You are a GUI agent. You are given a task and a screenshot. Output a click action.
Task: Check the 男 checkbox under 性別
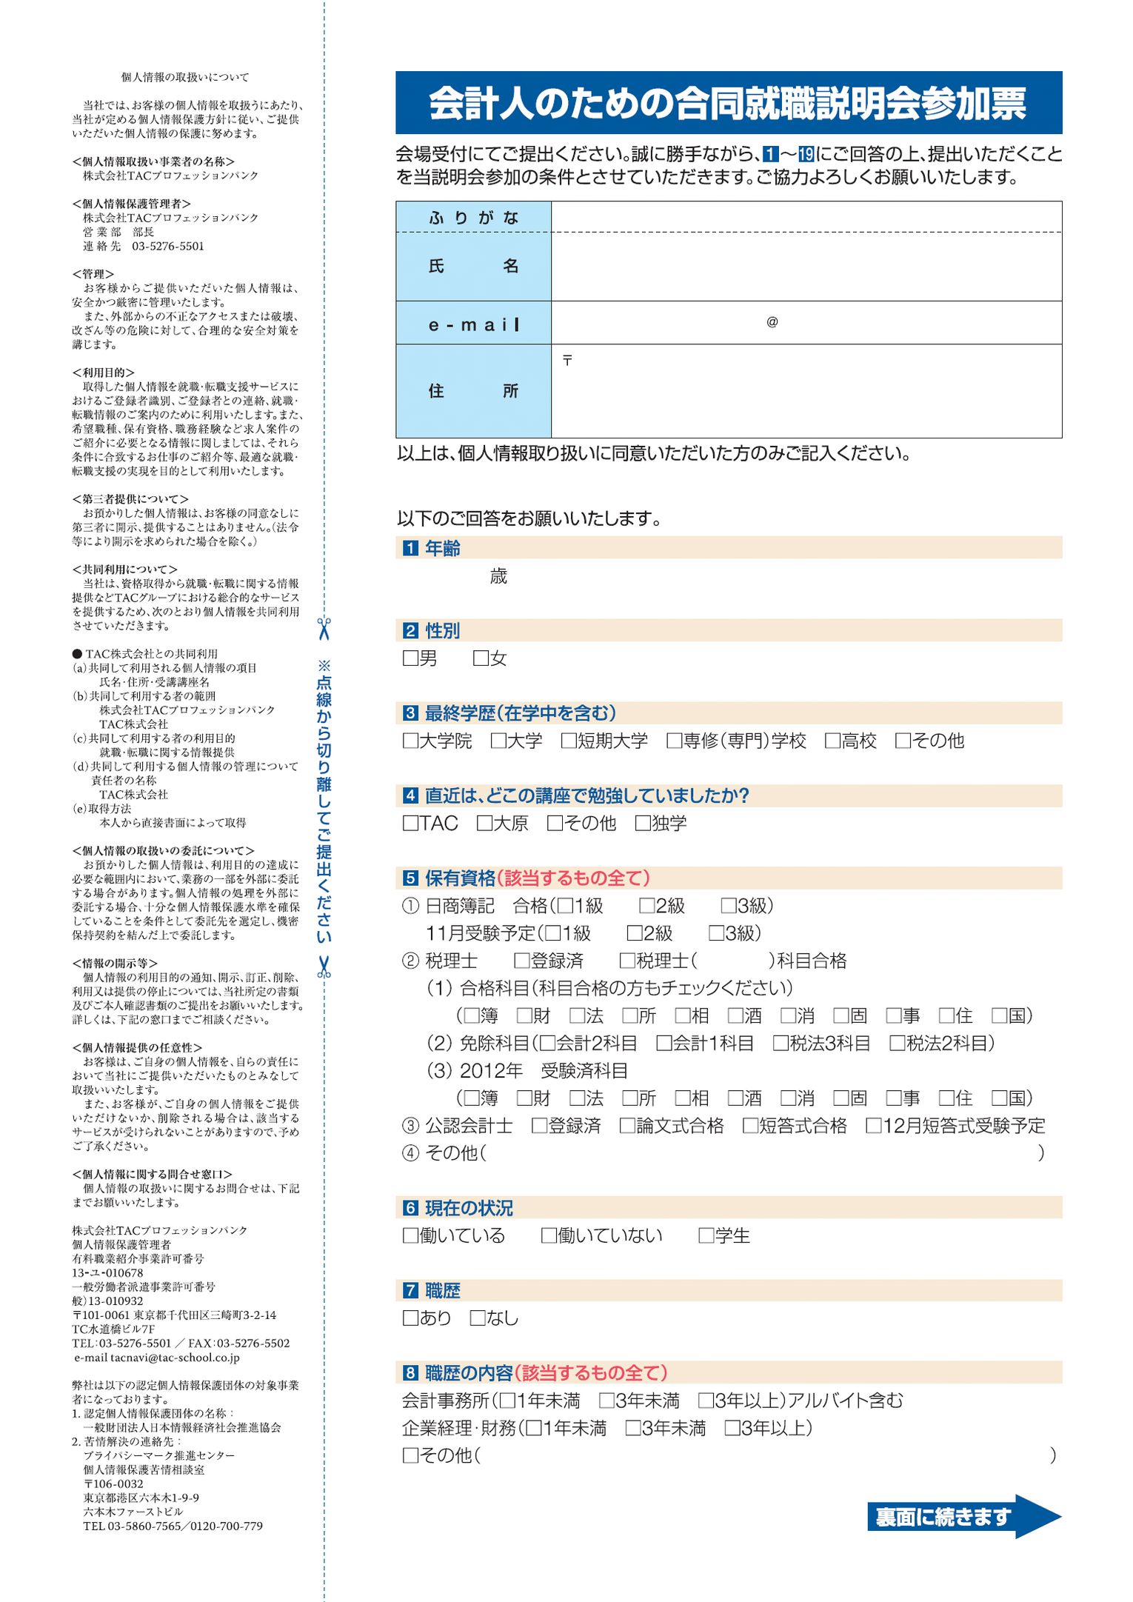point(410,658)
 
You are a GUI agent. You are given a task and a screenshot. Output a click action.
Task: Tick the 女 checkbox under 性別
point(481,658)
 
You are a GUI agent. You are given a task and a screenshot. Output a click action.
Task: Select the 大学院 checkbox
point(410,741)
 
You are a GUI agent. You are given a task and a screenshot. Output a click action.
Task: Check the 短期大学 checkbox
point(569,741)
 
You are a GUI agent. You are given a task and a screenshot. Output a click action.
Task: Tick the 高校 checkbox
point(832,741)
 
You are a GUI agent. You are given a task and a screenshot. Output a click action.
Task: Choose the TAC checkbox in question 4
point(410,823)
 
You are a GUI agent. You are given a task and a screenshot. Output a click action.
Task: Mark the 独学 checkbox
point(643,823)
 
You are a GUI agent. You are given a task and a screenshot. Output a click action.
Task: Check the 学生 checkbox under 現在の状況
point(706,1235)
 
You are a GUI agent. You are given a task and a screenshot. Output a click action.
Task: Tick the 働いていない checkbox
point(549,1235)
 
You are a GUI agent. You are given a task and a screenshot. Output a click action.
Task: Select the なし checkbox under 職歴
point(478,1318)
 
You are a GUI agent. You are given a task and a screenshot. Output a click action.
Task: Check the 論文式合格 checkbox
point(627,1126)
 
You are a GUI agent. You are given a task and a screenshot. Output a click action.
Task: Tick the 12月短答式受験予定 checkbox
point(874,1126)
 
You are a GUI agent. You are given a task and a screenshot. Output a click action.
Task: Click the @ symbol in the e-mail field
point(772,322)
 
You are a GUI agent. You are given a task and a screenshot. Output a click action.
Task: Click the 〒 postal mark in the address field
point(567,361)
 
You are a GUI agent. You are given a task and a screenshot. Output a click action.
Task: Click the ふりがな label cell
point(473,218)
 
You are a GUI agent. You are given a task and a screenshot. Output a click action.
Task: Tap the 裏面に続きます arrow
point(963,1517)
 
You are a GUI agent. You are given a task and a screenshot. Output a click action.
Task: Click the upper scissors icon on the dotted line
point(324,629)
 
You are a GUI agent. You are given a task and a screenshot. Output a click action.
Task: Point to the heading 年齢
point(442,548)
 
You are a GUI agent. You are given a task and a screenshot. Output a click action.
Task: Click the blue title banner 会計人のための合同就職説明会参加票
point(728,103)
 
